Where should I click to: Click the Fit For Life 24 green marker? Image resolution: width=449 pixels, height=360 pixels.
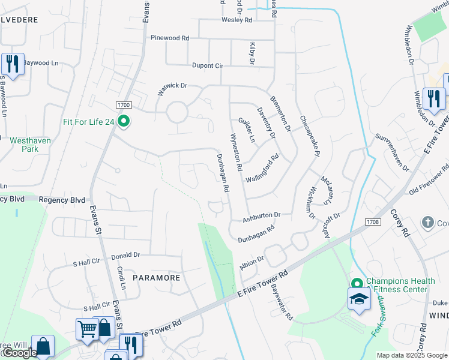(124, 122)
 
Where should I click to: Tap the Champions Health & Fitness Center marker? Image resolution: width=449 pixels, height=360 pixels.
(357, 283)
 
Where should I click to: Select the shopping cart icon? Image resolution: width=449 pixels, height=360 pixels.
(86, 329)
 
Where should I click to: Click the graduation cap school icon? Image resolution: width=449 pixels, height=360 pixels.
(360, 300)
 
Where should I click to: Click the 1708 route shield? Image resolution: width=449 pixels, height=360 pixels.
(372, 223)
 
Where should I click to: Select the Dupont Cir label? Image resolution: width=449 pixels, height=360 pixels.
(207, 65)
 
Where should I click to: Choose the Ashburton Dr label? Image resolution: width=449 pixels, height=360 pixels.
(262, 215)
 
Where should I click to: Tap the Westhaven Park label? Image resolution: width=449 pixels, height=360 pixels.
(30, 145)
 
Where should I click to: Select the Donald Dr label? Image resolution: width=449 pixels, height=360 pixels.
(125, 256)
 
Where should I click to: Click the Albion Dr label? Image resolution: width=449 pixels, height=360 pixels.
(252, 263)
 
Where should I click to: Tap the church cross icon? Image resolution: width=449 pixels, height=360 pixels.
(428, 223)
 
